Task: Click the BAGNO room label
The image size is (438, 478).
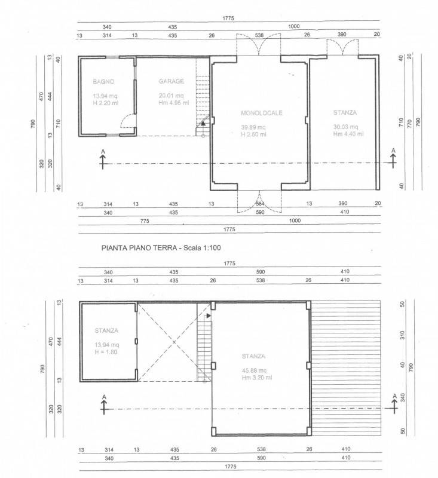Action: point(103,82)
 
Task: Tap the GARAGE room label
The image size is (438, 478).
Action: point(171,81)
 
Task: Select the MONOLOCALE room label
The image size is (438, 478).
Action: point(262,113)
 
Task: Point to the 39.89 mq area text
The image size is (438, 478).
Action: point(253,127)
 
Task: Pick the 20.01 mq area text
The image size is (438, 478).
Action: point(171,96)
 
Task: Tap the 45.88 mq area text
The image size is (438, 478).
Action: point(254,370)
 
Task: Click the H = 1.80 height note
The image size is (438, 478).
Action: point(106,352)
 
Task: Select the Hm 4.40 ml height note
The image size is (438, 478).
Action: point(348,134)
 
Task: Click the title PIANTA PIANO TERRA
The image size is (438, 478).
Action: point(139,247)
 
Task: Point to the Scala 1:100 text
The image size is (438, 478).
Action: point(202,247)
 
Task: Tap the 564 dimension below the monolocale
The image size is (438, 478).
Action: point(260,204)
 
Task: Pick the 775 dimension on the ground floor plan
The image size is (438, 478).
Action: point(145,220)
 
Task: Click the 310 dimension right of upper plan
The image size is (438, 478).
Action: point(402,335)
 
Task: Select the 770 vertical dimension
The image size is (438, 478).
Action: point(409,124)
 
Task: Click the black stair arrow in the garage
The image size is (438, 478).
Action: point(203,124)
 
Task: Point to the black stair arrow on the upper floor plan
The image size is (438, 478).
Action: point(209,316)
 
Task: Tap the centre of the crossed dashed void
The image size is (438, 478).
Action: point(174,342)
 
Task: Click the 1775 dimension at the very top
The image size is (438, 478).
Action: point(228,19)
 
